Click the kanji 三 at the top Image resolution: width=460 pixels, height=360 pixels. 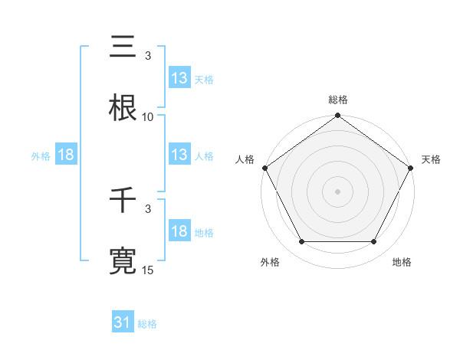(123, 47)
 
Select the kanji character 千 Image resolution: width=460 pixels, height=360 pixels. (123, 201)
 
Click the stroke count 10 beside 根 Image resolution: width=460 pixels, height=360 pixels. (148, 117)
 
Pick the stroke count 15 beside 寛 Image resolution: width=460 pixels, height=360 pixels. (148, 270)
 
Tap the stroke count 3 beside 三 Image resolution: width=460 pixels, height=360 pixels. (148, 56)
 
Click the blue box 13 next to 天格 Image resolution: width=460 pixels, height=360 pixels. (179, 78)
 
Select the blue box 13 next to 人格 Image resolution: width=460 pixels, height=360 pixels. (179, 155)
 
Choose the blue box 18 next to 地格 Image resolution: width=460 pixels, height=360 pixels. (179, 232)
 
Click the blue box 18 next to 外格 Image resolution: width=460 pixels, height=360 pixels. (66, 155)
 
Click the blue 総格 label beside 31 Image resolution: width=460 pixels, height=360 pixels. (147, 324)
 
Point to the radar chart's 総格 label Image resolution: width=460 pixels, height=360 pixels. (338, 100)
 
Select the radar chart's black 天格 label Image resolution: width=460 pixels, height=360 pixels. (432, 159)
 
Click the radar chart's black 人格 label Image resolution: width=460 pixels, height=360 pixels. (245, 159)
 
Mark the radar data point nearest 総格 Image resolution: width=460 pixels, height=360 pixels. (338, 116)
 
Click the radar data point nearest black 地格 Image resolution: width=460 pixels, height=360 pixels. (374, 242)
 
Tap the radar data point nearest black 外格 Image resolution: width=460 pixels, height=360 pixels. (301, 242)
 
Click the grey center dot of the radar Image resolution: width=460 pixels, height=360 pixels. (338, 191)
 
